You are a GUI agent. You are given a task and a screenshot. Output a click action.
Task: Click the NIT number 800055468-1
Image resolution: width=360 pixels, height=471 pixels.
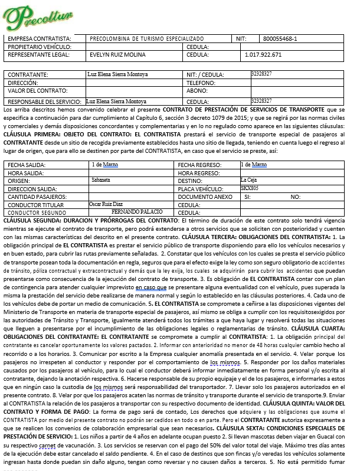coord(280,38)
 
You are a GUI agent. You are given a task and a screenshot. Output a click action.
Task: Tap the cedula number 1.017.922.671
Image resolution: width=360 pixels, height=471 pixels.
coord(263,54)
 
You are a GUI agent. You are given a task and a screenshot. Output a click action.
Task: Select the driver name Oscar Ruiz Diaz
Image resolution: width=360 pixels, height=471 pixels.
coord(106,203)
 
